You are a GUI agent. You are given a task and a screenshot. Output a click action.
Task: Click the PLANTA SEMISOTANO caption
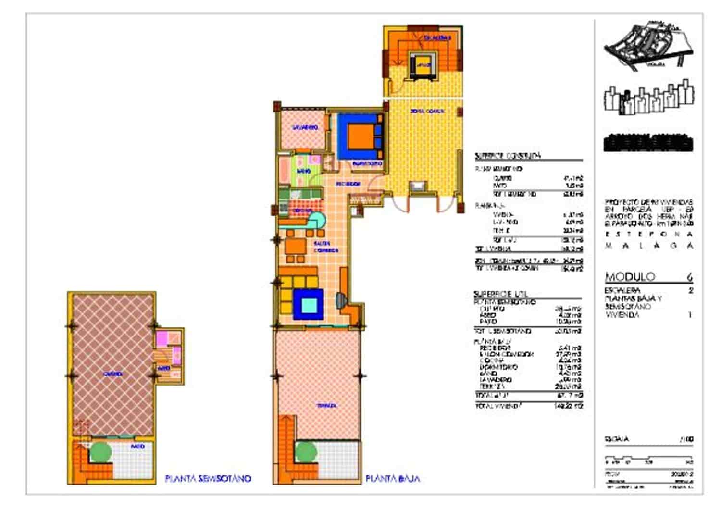[x=208, y=479]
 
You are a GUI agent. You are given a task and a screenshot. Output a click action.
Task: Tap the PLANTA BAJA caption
[x=393, y=479]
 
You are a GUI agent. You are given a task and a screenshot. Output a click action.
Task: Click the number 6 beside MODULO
[x=690, y=277]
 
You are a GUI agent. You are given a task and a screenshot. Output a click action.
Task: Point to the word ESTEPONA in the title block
[x=648, y=235]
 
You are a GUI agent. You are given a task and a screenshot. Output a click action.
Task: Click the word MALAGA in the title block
[x=648, y=246]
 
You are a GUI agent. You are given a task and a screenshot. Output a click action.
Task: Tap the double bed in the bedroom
[x=361, y=137]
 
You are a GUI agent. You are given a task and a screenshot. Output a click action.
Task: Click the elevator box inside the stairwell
[x=423, y=64]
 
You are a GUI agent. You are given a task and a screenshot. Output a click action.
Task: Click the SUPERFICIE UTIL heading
[x=500, y=294]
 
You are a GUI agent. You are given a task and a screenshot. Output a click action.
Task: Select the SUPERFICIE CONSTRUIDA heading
[x=508, y=156]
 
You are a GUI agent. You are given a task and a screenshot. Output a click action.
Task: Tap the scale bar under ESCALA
[x=648, y=458]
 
